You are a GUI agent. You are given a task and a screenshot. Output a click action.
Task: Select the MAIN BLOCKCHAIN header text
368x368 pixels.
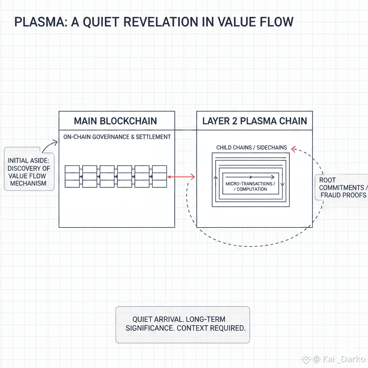coord(115,121)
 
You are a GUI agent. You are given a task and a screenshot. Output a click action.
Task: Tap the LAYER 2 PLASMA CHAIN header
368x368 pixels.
coord(254,121)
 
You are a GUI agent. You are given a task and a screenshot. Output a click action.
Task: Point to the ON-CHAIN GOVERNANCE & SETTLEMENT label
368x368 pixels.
coord(117,137)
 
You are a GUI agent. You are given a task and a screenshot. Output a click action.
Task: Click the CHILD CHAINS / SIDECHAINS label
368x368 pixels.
coord(252,148)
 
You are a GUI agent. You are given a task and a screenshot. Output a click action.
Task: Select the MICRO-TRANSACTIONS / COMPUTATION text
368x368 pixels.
coord(250,186)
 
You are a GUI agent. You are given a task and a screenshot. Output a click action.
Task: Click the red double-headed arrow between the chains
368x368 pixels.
coord(181,177)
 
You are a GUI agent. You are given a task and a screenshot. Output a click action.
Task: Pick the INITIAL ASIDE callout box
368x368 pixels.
coord(28,169)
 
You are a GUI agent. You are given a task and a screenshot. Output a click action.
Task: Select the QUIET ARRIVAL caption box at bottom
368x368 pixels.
coord(183,324)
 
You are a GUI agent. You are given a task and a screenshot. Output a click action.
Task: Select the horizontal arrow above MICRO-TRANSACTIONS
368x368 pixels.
coord(250,177)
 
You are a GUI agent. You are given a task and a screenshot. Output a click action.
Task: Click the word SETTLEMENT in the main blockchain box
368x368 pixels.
coord(153,137)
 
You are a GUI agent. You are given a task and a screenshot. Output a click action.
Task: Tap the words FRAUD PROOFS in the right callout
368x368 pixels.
coord(343,195)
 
